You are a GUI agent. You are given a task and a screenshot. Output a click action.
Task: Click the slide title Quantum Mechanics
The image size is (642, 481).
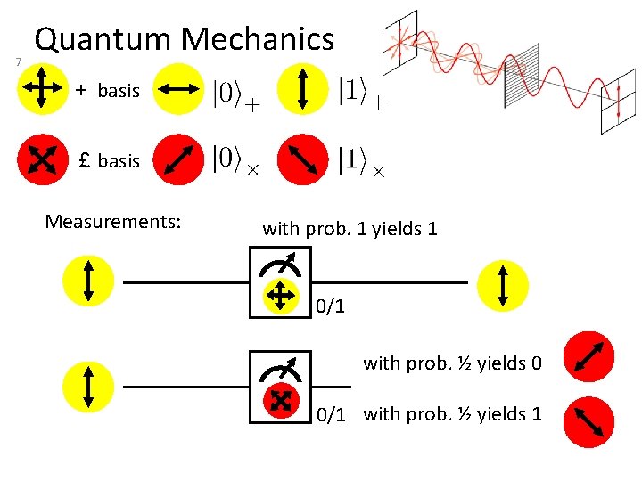click(x=184, y=39)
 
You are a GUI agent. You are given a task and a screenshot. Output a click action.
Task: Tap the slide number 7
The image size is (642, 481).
click(x=18, y=61)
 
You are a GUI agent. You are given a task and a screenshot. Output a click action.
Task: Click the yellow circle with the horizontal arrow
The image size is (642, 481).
click(x=178, y=89)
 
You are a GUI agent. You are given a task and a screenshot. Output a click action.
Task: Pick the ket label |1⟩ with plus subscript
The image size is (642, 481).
click(x=361, y=92)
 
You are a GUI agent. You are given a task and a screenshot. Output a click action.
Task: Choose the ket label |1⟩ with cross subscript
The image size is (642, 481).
click(x=361, y=161)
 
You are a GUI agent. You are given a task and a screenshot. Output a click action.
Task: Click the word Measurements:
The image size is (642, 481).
click(x=113, y=220)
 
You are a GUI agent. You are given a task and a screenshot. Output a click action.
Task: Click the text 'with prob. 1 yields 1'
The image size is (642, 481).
click(x=350, y=228)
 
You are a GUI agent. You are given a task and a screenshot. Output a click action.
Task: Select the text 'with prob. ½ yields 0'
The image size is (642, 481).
click(x=452, y=363)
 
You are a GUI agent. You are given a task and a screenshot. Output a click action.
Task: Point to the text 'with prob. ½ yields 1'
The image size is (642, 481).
click(x=452, y=413)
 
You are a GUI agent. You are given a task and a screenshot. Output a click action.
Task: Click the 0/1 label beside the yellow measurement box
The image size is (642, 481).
click(x=330, y=306)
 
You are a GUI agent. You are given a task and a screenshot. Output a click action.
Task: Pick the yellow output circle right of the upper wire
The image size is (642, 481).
click(x=503, y=285)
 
